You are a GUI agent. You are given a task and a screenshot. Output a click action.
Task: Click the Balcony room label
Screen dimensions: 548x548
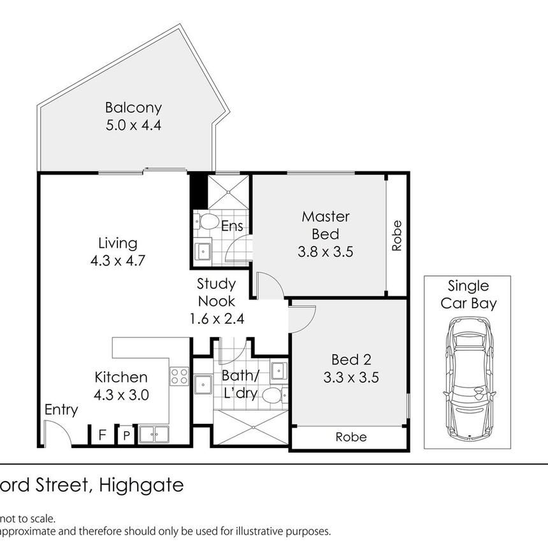[133, 108]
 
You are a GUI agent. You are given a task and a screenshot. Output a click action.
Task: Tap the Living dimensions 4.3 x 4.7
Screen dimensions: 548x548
[117, 261]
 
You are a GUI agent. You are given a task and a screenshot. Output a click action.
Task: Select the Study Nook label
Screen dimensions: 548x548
[217, 292]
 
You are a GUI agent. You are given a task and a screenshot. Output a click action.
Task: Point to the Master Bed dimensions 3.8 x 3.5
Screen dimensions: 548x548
[326, 252]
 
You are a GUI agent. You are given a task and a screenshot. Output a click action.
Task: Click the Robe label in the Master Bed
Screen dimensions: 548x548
[397, 235]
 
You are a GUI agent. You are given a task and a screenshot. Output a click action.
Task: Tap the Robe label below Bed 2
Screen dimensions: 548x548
[351, 437]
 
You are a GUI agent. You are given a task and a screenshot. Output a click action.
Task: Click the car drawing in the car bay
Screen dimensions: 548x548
[469, 377]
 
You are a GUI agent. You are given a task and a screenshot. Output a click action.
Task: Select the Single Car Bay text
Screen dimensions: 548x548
[468, 295]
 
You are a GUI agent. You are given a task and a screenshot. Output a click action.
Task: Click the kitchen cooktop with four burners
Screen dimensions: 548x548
[179, 377]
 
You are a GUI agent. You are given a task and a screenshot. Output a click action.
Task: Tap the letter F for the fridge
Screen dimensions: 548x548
[102, 435]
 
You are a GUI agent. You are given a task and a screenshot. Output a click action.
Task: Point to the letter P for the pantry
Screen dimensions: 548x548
[127, 435]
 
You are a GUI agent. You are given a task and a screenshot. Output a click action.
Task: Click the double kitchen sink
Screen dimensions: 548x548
[154, 435]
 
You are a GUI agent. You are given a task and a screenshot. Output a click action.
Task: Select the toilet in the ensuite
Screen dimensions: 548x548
[206, 221]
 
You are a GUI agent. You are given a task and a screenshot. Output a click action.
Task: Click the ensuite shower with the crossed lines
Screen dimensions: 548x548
[228, 192]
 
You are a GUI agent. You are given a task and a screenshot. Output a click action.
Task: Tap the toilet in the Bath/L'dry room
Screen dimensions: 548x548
[275, 396]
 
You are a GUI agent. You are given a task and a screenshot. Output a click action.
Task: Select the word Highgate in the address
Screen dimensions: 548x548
[141, 486]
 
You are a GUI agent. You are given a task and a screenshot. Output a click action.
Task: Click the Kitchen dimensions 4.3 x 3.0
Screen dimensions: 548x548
[121, 395]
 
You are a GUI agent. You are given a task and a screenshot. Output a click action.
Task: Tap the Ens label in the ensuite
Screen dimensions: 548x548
[232, 226]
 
